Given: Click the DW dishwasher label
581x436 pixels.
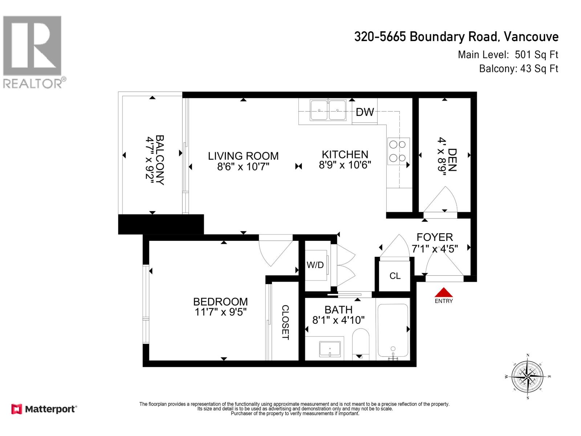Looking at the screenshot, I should pyautogui.click(x=365, y=112).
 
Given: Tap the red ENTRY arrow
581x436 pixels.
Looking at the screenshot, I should pyautogui.click(x=444, y=293).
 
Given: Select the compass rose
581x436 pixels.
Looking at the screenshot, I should pyautogui.click(x=527, y=377).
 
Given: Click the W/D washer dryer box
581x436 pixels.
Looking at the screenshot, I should pyautogui.click(x=315, y=265).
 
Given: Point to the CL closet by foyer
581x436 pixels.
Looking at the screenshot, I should pyautogui.click(x=395, y=276).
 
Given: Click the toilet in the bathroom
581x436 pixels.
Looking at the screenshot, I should pyautogui.click(x=360, y=343).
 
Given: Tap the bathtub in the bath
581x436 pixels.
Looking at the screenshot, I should pyautogui.click(x=393, y=331).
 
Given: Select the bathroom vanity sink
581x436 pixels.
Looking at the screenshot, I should pyautogui.click(x=330, y=349).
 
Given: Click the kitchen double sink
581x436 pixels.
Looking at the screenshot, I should pyautogui.click(x=328, y=110).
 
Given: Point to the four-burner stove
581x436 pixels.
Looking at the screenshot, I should pyautogui.click(x=397, y=151).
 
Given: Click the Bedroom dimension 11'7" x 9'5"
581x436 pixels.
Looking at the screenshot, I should pyautogui.click(x=220, y=312).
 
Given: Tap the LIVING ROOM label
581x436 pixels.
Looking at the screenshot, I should pyautogui.click(x=243, y=156).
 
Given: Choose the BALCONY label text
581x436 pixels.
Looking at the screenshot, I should pyautogui.click(x=160, y=160).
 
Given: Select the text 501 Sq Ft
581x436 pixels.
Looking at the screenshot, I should pyautogui.click(x=536, y=55).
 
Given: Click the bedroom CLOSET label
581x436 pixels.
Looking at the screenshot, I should pyautogui.click(x=285, y=322).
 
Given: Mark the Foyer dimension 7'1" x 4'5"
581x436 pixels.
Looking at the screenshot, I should pyautogui.click(x=434, y=249).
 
